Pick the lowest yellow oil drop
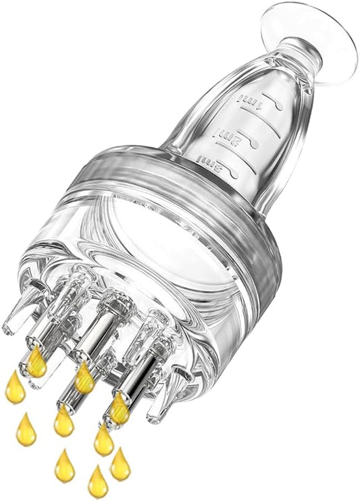click(x=98, y=482)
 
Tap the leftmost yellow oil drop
click(x=15, y=388)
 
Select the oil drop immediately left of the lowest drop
click(x=65, y=466)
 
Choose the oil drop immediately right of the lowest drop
click(x=120, y=465)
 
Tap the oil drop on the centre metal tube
click(x=84, y=377)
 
